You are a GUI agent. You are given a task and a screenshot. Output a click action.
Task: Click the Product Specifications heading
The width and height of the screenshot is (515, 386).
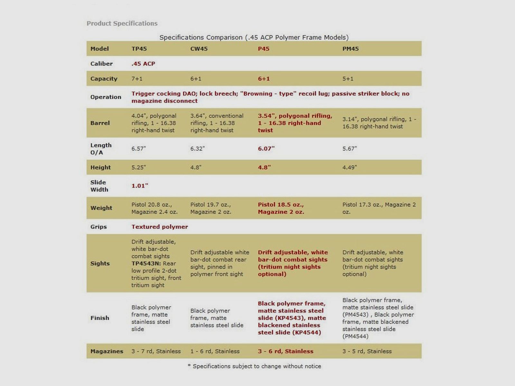pyautogui.click(x=122, y=23)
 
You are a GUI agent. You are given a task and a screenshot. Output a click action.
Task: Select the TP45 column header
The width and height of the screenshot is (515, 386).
pyautogui.click(x=139, y=49)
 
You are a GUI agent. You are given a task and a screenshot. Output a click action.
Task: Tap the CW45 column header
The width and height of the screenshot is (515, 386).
pyautogui.click(x=199, y=49)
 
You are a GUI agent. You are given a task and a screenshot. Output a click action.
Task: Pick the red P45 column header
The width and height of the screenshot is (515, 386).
pyautogui.click(x=264, y=49)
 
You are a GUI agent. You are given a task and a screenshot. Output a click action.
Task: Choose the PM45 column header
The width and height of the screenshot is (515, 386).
pyautogui.click(x=351, y=49)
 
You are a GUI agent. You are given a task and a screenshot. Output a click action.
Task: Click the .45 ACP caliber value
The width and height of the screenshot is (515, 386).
pyautogui.click(x=143, y=64)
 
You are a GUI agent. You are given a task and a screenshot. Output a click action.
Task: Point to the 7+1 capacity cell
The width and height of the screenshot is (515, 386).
pyautogui.click(x=137, y=79)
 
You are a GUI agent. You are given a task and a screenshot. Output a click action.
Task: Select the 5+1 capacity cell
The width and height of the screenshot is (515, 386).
pyautogui.click(x=348, y=79)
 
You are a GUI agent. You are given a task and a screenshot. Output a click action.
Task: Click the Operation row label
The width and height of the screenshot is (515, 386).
pyautogui.click(x=106, y=97)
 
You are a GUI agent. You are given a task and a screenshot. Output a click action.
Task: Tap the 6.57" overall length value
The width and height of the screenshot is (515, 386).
pyautogui.click(x=138, y=149)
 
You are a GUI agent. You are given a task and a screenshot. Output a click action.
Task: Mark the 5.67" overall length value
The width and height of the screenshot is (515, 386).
pyautogui.click(x=350, y=149)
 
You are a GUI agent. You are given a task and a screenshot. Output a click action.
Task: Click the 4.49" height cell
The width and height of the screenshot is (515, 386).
pyautogui.click(x=350, y=168)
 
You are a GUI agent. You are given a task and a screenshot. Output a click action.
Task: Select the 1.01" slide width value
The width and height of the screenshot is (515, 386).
pyautogui.click(x=140, y=186)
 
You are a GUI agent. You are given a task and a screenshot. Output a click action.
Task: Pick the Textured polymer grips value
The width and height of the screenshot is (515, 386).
pyautogui.click(x=160, y=227)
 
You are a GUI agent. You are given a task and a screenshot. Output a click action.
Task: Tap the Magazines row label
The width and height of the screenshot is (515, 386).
pyautogui.click(x=107, y=351)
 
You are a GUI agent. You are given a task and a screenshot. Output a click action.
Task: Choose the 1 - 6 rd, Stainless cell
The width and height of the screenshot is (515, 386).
pyautogui.click(x=215, y=351)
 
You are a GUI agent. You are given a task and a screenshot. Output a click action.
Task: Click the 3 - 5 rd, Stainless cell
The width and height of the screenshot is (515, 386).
pyautogui.click(x=367, y=351)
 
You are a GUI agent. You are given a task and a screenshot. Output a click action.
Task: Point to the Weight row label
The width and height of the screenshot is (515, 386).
pyautogui.click(x=101, y=208)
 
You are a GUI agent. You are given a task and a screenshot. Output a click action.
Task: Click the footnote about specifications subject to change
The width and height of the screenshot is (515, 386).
pyautogui.click(x=254, y=366)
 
